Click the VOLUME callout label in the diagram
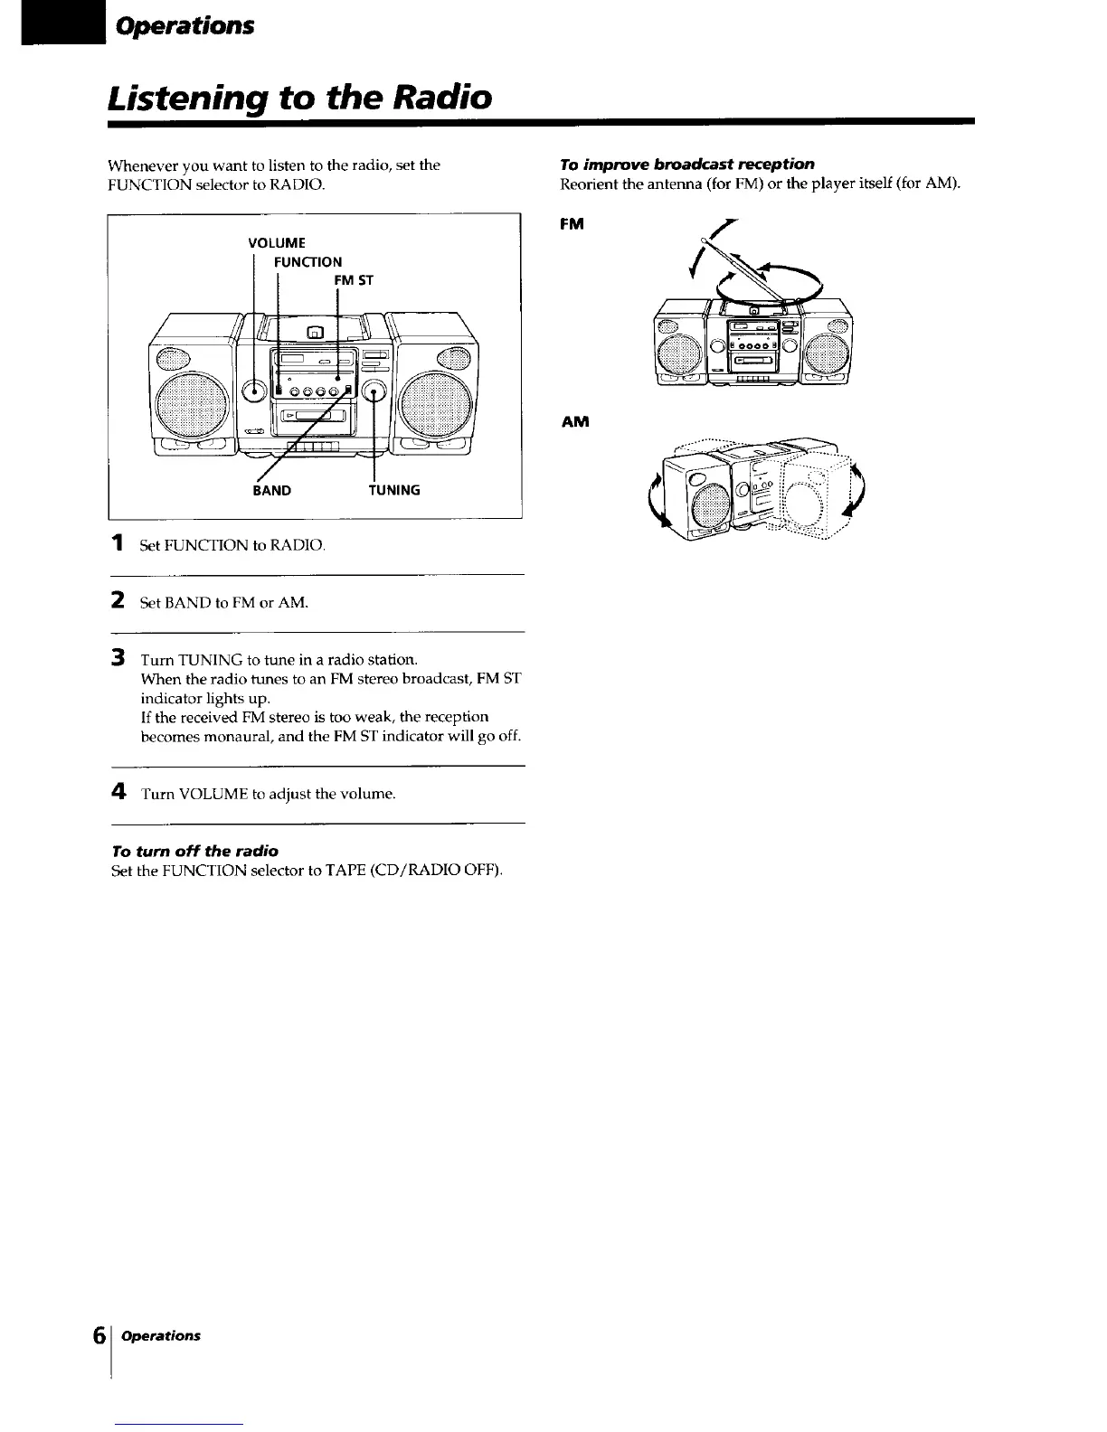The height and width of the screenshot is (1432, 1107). pos(276,242)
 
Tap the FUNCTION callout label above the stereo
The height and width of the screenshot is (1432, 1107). pos(307,262)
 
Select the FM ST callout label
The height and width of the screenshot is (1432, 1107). pos(354,280)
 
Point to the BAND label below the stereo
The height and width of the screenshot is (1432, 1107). pos(271,491)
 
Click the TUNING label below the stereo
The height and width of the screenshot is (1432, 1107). pos(393,491)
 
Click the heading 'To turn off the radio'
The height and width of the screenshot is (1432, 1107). pos(194,851)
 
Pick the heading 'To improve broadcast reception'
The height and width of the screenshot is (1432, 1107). pos(687,164)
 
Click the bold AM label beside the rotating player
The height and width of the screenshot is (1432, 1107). pos(575,422)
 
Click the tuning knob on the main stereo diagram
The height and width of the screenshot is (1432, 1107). pos(374,391)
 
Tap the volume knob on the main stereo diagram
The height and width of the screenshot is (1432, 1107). pos(257,391)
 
